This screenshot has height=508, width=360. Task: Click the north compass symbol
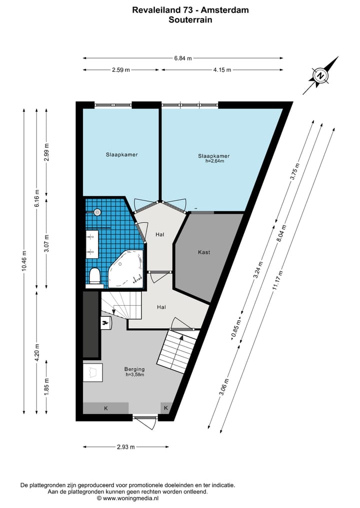[x=320, y=76]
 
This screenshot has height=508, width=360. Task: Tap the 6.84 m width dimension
[x=183, y=58]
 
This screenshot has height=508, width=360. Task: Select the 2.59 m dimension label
[x=121, y=70]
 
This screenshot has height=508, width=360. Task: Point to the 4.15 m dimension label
[x=222, y=70]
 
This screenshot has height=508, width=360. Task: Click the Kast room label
[x=204, y=252]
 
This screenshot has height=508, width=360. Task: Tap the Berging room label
[x=134, y=370]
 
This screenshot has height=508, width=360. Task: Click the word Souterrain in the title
[x=190, y=20]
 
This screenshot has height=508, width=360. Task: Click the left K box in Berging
[x=105, y=408]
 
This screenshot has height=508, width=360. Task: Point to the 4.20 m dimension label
[x=36, y=352]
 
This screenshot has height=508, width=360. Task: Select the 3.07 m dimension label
[x=46, y=243]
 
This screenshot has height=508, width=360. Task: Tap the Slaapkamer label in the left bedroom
[x=121, y=155]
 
